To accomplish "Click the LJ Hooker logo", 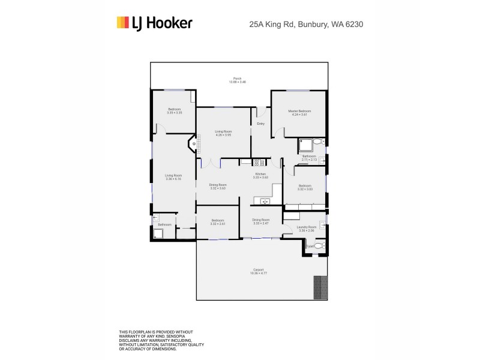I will coord(154,23).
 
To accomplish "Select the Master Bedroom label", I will coord(299,112).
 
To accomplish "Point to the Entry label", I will coord(261,124).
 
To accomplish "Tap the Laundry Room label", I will coord(306,228).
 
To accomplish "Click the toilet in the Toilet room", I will coord(319,245).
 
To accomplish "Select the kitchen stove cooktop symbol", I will coord(260,161).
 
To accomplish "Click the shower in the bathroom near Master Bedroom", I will coord(305,144).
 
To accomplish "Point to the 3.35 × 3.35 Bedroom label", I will coord(175,110).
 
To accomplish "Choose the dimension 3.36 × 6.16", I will coord(173,179).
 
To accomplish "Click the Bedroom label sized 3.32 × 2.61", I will coord(218,221).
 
